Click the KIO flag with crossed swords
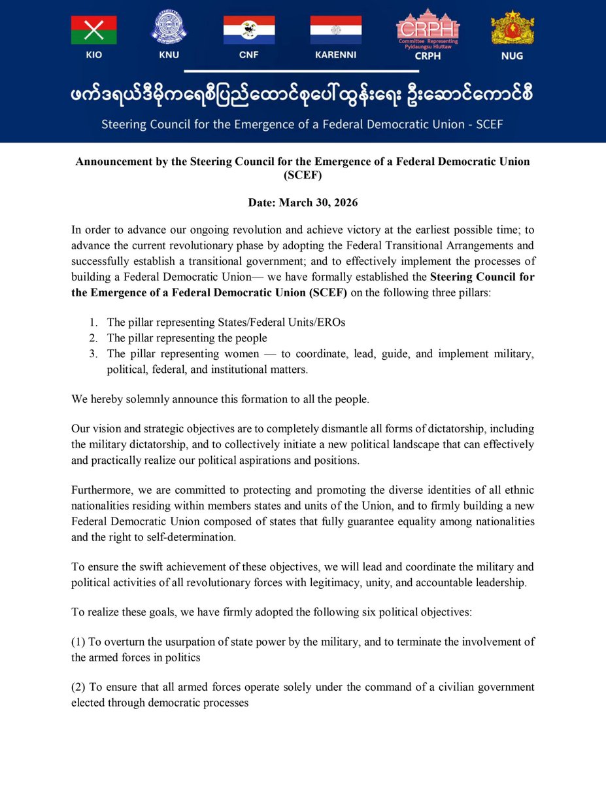(x=93, y=30)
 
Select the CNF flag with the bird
(x=249, y=30)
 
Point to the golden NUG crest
(x=512, y=29)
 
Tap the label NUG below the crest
(x=512, y=56)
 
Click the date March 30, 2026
(x=302, y=203)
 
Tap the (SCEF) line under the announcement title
(x=302, y=175)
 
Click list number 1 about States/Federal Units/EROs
(x=93, y=322)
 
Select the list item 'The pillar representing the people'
(x=187, y=338)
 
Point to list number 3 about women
(x=93, y=354)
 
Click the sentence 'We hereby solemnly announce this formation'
(x=220, y=398)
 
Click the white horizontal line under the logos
(x=302, y=71)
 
